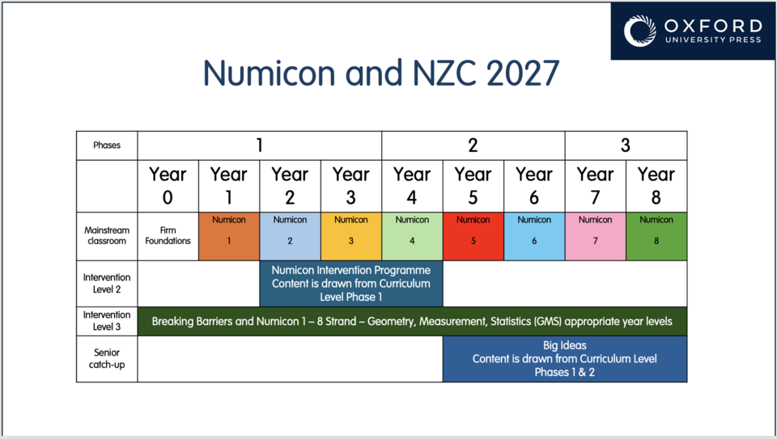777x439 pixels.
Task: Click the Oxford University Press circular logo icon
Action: [x=639, y=31]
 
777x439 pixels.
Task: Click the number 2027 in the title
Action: [x=524, y=74]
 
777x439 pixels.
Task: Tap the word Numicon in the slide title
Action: [x=270, y=74]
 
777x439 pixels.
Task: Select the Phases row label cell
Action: [x=107, y=146]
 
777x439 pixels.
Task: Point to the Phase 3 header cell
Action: [x=626, y=146]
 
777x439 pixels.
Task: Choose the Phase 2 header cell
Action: [x=473, y=146]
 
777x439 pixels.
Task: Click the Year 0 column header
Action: [x=168, y=186]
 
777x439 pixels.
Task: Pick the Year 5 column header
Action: [x=473, y=186]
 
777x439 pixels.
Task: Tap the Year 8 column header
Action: [x=656, y=186]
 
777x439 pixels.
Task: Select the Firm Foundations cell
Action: [x=168, y=236]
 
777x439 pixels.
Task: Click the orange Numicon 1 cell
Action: [x=229, y=236]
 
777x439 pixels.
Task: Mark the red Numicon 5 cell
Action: [x=473, y=236]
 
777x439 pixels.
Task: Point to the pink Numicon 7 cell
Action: [x=596, y=236]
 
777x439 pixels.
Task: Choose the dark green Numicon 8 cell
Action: [x=656, y=236]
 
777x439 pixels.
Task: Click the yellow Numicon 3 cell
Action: [x=351, y=236]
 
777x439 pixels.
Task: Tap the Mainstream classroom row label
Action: [x=107, y=236]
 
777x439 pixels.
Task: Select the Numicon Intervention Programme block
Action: [x=351, y=284]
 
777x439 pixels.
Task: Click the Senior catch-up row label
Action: [x=107, y=359]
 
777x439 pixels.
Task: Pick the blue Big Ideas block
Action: [x=565, y=359]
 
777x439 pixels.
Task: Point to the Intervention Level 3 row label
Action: [x=107, y=321]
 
